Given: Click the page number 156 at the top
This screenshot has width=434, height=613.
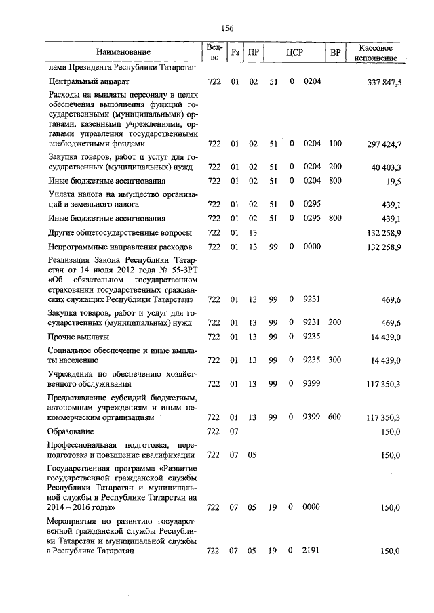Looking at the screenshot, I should coord(227,28).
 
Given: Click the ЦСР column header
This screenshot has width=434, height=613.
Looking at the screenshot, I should coord(294,52).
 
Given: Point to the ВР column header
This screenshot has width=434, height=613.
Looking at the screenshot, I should coord(334,52).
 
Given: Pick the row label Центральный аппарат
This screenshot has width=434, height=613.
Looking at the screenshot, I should coord(85,82).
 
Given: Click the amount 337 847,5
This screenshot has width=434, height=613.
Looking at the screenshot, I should coord(384,82).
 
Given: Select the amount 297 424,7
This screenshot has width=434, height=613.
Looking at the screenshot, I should coord(384,144).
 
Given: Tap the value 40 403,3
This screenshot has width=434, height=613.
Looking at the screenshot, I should coord(387,167).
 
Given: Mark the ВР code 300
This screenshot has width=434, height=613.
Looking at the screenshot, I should coord(334,360).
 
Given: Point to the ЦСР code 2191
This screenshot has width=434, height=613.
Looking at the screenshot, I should coord(312,551).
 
